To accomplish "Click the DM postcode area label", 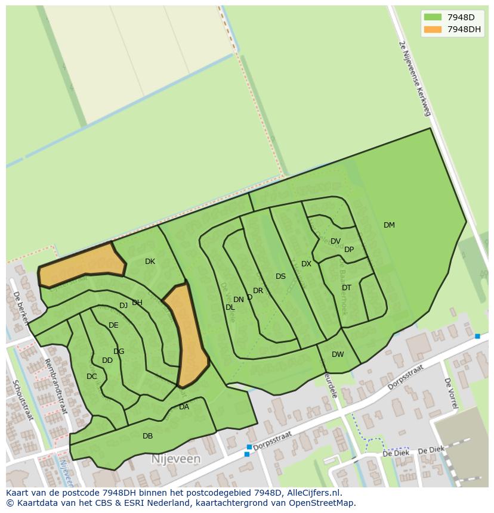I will click(389, 225).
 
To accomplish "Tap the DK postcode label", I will click(150, 262).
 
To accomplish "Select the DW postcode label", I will click(338, 355).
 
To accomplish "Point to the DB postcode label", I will click(147, 436).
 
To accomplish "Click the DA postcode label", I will click(184, 407).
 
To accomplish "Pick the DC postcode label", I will click(91, 377).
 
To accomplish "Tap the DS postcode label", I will click(280, 276).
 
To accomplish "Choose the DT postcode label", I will click(347, 288).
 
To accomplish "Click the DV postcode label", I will click(335, 241).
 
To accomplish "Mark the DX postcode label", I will click(306, 264).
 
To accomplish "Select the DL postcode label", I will click(230, 307).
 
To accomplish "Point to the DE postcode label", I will click(113, 325).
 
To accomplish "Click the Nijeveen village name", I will click(175, 459).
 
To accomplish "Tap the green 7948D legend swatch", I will click(433, 17).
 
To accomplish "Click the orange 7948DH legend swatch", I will click(433, 29).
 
